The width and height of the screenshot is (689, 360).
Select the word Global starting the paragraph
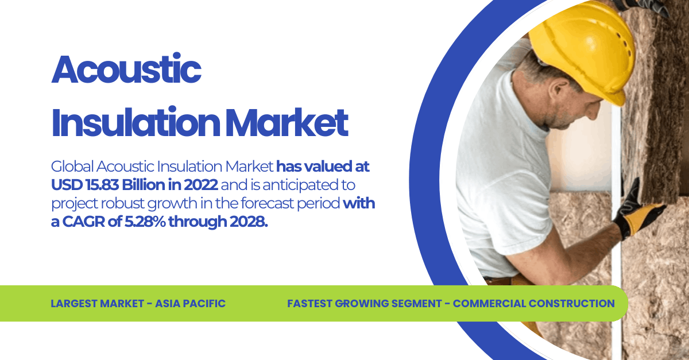[72, 167]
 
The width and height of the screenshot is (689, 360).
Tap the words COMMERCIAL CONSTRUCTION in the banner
[534, 303]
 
